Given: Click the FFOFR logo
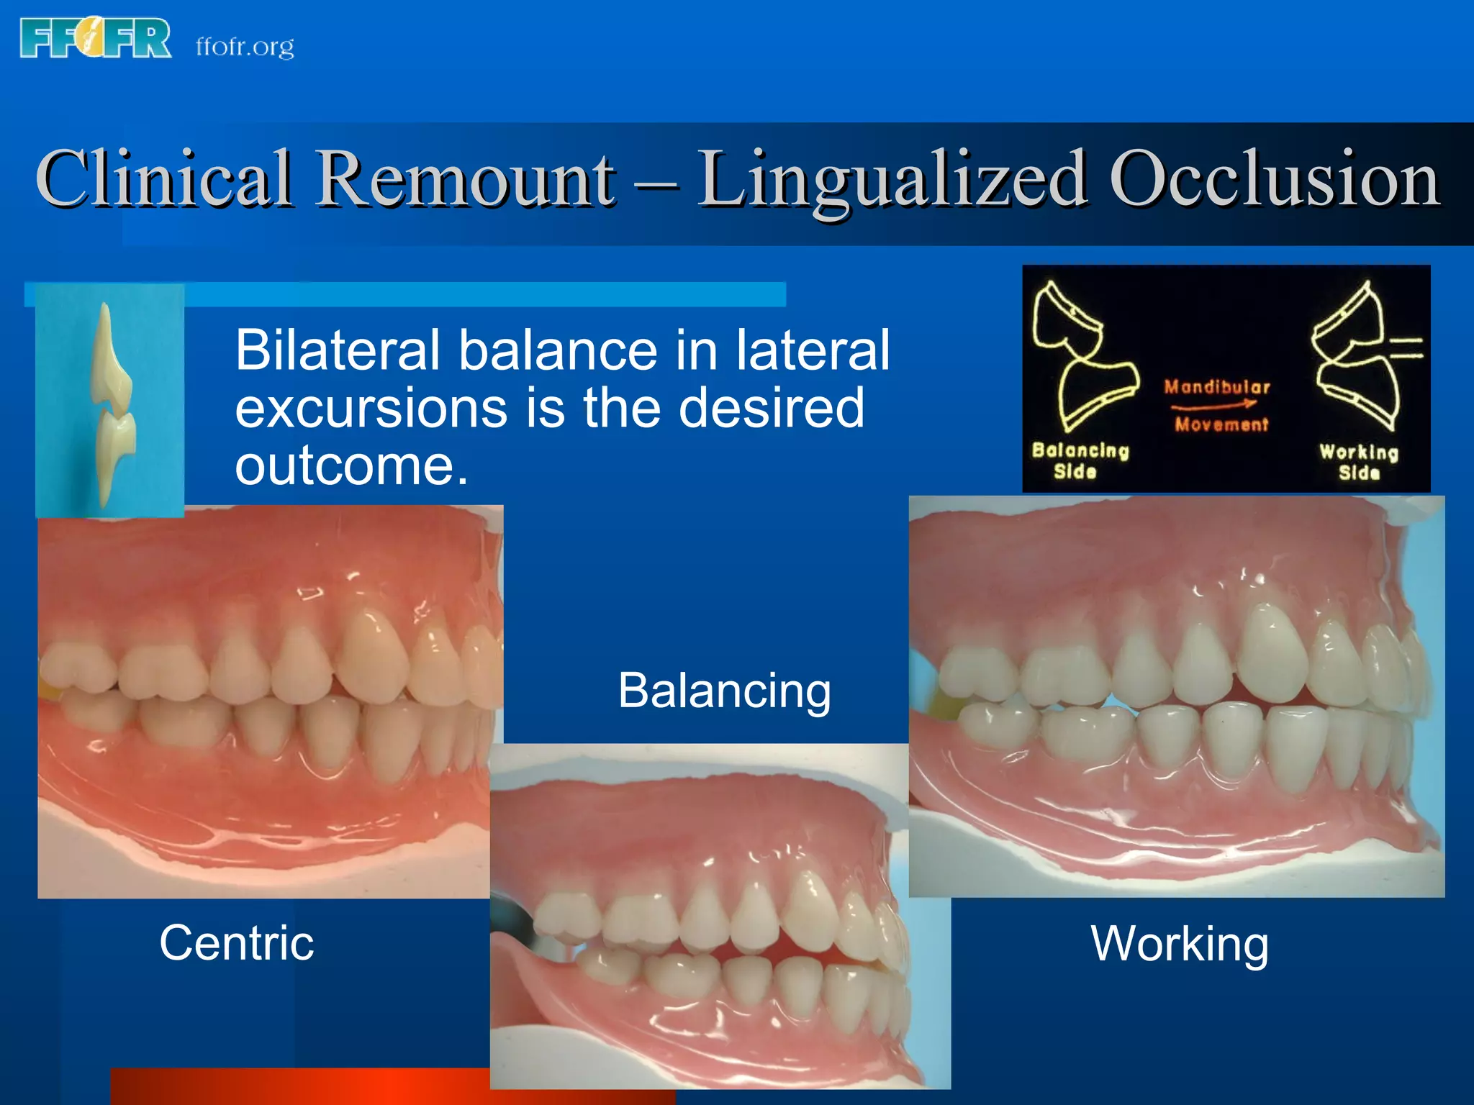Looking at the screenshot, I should [96, 38].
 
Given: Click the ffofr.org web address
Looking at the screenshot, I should [245, 47].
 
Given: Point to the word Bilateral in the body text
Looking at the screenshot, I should [337, 350].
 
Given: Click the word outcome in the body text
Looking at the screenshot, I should [351, 465].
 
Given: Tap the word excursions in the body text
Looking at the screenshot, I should [371, 408].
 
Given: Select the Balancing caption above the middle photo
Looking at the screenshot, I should [724, 691].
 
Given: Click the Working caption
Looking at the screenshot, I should [1179, 943].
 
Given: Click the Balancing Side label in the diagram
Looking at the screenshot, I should [1079, 460].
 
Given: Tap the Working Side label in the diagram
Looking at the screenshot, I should [1359, 461].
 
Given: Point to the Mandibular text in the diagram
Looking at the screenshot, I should [1217, 387].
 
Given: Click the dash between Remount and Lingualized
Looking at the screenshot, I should [656, 184].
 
